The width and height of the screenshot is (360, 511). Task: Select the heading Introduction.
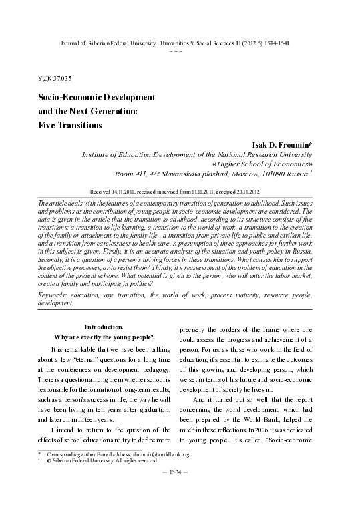point(104,327)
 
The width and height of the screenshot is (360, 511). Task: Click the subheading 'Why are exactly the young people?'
point(104,337)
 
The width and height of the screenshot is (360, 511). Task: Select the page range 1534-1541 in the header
point(283,42)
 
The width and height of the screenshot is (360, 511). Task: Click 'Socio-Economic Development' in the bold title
point(97,98)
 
